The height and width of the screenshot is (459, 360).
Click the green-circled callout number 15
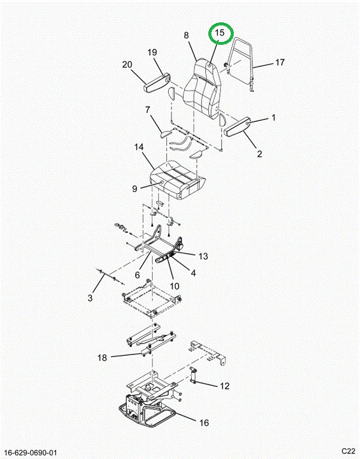220,33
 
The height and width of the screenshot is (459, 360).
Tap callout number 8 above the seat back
187,35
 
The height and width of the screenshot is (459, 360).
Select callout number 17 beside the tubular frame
280,62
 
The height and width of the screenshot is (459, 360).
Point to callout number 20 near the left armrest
127,64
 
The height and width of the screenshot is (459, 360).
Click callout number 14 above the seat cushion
139,147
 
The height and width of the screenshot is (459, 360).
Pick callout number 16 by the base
204,423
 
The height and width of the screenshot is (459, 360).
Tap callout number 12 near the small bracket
224,386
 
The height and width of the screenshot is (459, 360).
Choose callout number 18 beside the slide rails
102,358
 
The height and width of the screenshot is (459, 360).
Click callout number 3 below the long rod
90,298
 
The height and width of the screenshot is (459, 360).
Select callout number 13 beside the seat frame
203,256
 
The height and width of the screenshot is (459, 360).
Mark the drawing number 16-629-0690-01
31,453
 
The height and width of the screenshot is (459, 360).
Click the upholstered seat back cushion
202,87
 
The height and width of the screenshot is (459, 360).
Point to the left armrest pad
156,84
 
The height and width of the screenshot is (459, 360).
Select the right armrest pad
237,126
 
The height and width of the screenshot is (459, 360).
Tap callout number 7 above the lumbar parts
148,110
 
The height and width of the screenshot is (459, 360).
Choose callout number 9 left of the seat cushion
134,189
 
